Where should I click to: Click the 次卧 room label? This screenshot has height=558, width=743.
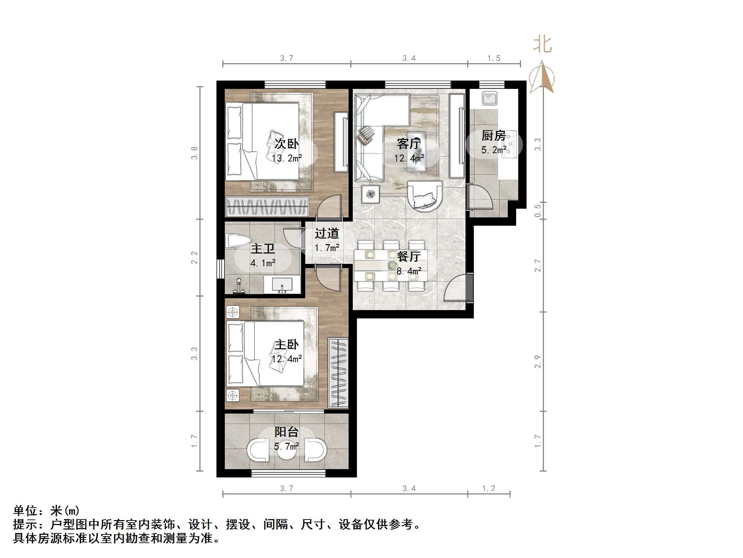pos(287,143)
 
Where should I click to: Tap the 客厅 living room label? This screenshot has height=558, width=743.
pos(409,143)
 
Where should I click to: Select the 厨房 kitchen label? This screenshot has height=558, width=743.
pos(493,135)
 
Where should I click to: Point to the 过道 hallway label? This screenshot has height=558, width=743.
pos(327,233)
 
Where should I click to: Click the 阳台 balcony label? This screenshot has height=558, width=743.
pos(287,432)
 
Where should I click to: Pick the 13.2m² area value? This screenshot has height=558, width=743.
pos(287,158)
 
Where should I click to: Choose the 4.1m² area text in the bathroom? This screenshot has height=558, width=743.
pos(263,263)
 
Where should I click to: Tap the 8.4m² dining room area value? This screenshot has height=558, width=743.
pos(409,271)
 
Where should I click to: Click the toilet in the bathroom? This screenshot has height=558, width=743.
pos(238,241)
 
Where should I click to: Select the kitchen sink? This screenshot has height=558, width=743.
pos(489,98)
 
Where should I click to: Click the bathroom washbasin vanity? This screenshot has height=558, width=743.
pos(282,284)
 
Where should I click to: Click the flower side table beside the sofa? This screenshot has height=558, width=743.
pos(371,194)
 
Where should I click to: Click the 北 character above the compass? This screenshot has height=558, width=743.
pos(542,44)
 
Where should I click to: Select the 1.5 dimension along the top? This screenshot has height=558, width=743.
pos(494,58)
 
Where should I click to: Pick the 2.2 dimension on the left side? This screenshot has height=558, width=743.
pos(194,258)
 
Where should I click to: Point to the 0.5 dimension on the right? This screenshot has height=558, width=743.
pos(538,211)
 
